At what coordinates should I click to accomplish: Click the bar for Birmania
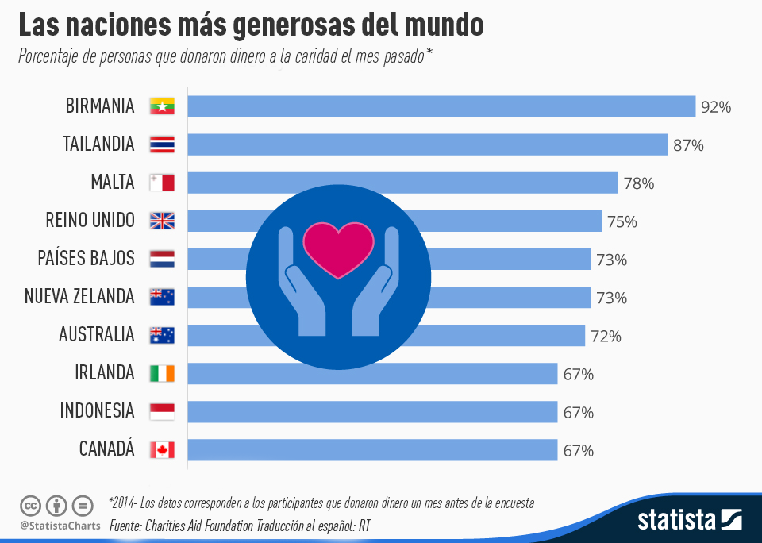tap(441, 106)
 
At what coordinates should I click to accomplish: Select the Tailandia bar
tap(427, 144)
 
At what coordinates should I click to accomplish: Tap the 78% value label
tap(639, 183)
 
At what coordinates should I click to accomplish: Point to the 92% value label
tap(716, 107)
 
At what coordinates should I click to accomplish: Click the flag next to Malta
tap(162, 183)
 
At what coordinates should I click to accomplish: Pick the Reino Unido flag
tap(162, 221)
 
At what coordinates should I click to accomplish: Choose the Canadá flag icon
tap(162, 450)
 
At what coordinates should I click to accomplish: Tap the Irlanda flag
tap(162, 373)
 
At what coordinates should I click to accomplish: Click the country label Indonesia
tap(97, 411)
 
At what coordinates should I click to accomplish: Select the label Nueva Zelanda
tap(79, 297)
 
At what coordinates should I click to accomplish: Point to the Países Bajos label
tap(86, 259)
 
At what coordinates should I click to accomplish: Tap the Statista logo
tap(690, 520)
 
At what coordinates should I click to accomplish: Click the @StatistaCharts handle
tap(60, 526)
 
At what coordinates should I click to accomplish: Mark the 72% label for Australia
tap(606, 337)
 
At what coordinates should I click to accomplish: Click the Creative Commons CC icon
tap(30, 505)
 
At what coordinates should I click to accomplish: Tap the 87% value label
tap(688, 145)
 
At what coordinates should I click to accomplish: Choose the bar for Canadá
tap(372, 450)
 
